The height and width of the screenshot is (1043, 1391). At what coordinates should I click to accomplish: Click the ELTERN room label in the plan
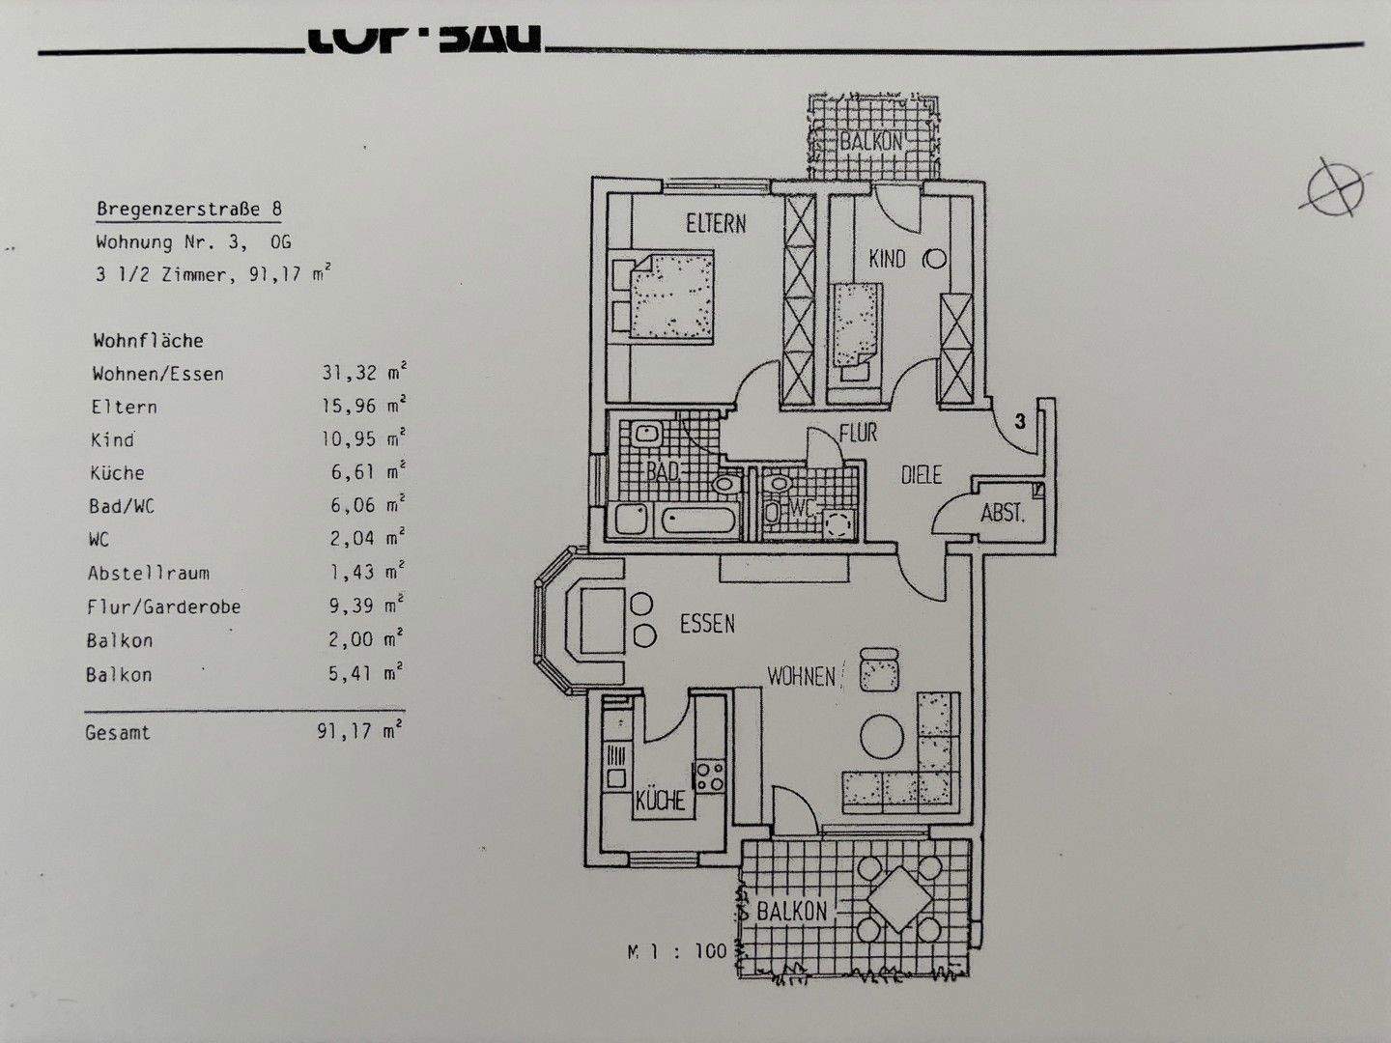pyautogui.click(x=716, y=224)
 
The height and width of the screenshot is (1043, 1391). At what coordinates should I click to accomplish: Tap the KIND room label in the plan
pyautogui.click(x=887, y=259)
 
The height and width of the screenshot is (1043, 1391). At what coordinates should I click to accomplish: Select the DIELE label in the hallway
pyautogui.click(x=921, y=475)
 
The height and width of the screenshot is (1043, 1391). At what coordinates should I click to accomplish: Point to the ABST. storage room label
pyautogui.click(x=1002, y=513)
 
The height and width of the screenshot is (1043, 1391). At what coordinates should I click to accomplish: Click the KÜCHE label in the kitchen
pyautogui.click(x=661, y=801)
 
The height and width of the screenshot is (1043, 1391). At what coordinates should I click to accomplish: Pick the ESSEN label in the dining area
pyautogui.click(x=707, y=624)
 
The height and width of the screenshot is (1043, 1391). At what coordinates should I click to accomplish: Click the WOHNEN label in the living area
pyautogui.click(x=801, y=676)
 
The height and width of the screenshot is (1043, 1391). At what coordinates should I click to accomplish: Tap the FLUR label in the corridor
pyautogui.click(x=858, y=433)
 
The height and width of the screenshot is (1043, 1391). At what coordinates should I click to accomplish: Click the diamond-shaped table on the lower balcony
pyautogui.click(x=897, y=898)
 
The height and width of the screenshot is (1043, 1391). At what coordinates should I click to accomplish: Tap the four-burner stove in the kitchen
pyautogui.click(x=710, y=775)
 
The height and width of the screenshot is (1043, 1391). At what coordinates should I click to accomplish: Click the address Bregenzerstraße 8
pyautogui.click(x=189, y=209)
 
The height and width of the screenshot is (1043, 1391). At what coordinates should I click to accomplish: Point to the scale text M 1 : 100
pyautogui.click(x=676, y=951)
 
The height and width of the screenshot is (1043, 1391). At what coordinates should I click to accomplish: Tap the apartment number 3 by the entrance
pyautogui.click(x=1019, y=421)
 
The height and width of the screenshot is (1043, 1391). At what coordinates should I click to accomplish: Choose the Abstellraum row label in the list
pyautogui.click(x=148, y=573)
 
